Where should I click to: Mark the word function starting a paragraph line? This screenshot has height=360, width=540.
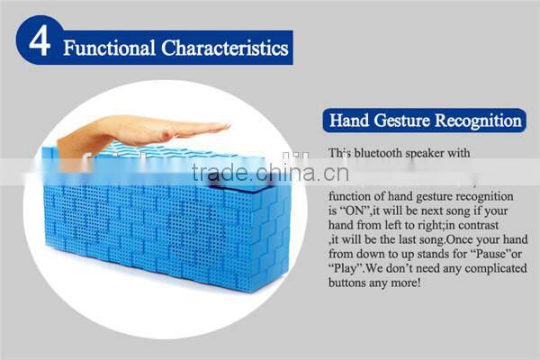pos(350,193)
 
